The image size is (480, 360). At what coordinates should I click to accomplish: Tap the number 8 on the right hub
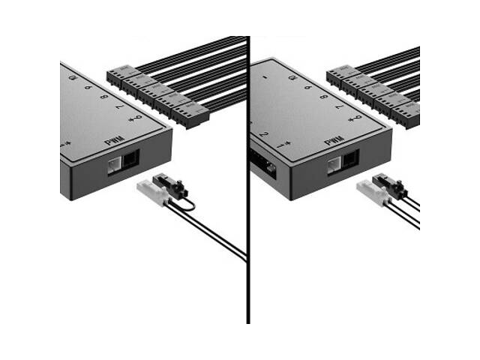[323, 97]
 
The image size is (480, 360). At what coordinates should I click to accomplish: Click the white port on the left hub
[114, 164]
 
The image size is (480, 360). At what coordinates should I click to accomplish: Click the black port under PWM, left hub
[130, 159]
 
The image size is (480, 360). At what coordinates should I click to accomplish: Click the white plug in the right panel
[370, 190]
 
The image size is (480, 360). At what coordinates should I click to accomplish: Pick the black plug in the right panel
[388, 184]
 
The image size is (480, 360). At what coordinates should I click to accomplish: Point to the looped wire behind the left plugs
[188, 204]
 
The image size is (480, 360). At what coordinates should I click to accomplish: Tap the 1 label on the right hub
[280, 144]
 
